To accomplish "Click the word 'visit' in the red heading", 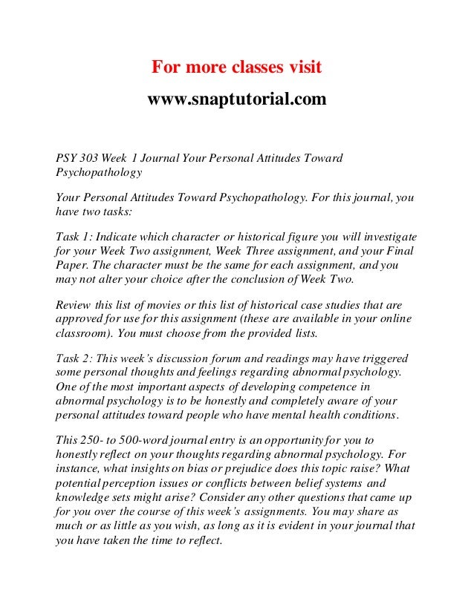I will click(x=300, y=68).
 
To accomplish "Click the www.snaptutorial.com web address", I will click(x=237, y=98).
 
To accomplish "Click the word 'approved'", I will click(x=80, y=320).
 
